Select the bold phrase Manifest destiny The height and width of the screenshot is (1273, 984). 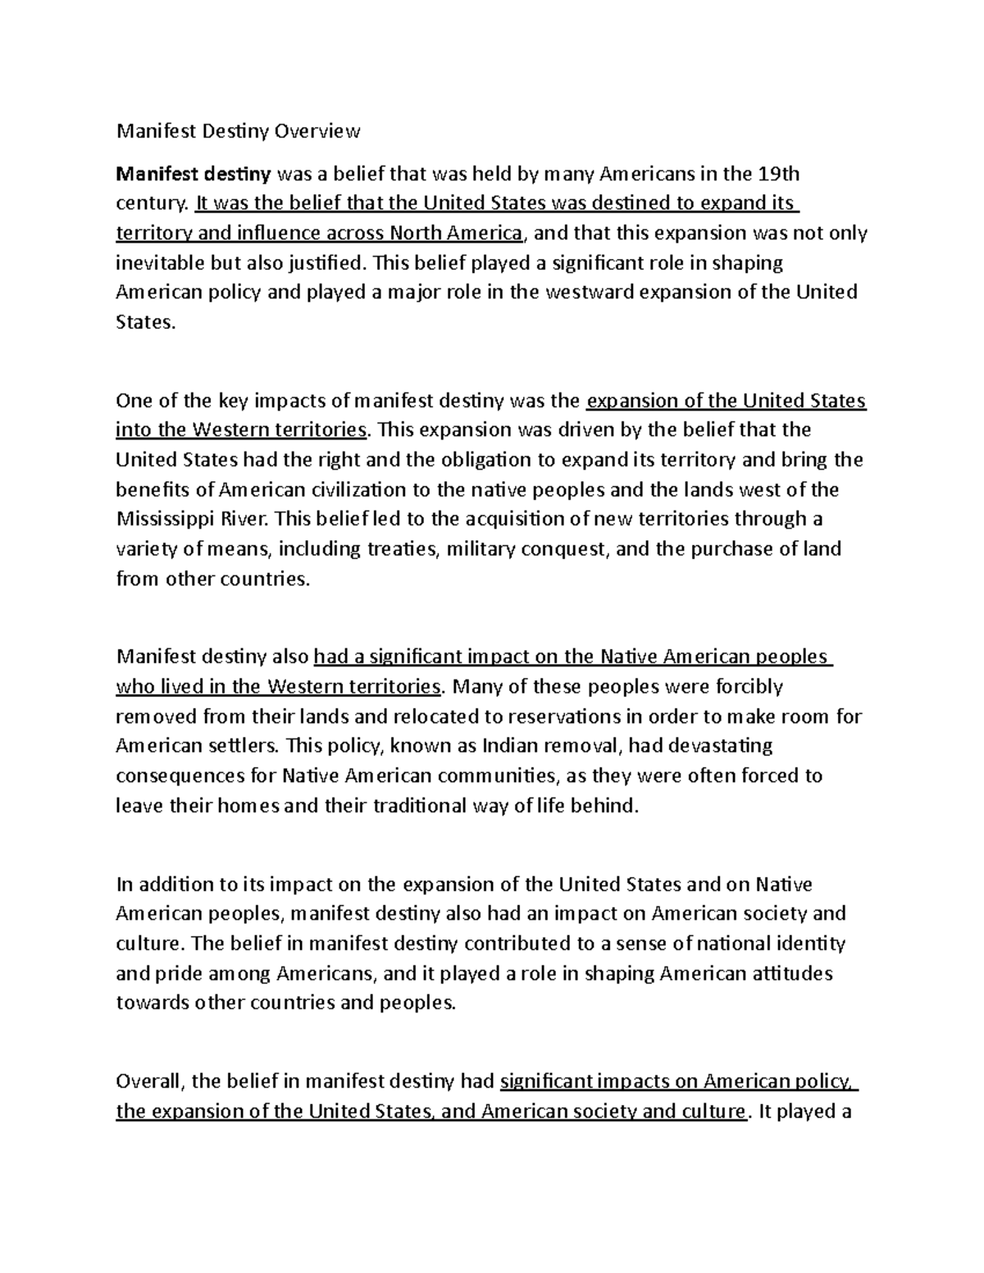pyautogui.click(x=194, y=174)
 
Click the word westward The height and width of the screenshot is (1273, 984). pyautogui.click(x=583, y=293)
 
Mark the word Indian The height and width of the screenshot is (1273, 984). pyautogui.click(x=508, y=746)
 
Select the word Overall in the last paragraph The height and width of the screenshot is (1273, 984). pyautogui.click(x=150, y=1082)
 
